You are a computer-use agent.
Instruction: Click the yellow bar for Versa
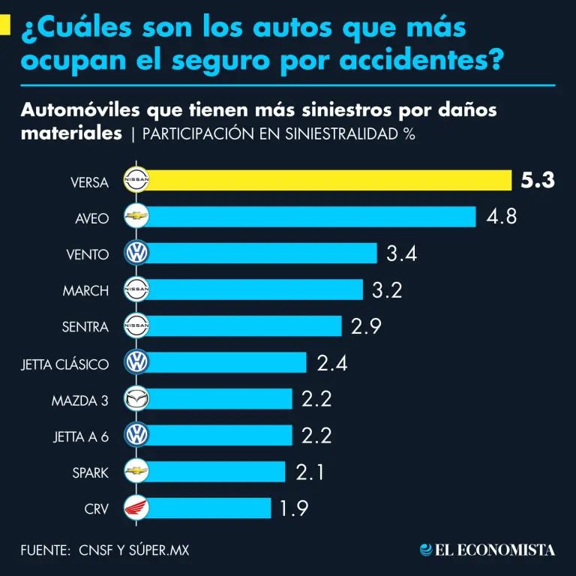pyautogui.click(x=330, y=181)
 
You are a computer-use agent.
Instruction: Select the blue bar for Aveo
pyautogui.click(x=312, y=217)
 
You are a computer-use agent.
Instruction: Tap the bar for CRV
pyautogui.click(x=210, y=508)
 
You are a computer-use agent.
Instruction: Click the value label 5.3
pyautogui.click(x=538, y=181)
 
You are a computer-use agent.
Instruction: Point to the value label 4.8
pyautogui.click(x=502, y=217)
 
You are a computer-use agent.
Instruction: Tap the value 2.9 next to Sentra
pyautogui.click(x=367, y=326)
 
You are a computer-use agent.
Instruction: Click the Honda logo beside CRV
pyautogui.click(x=136, y=508)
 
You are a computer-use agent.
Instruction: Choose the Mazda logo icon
pyautogui.click(x=136, y=399)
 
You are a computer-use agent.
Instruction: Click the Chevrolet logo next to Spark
pyautogui.click(x=136, y=472)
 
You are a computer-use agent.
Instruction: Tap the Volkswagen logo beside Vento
pyautogui.click(x=136, y=253)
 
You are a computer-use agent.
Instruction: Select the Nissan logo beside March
pyautogui.click(x=136, y=289)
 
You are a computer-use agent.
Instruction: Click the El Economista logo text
pyautogui.click(x=487, y=550)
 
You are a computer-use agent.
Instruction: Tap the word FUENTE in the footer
pyautogui.click(x=44, y=550)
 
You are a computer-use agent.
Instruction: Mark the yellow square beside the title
pyautogui.click(x=5, y=27)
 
